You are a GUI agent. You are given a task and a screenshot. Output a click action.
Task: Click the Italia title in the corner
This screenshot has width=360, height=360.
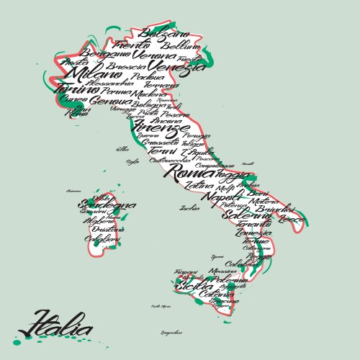(54, 324)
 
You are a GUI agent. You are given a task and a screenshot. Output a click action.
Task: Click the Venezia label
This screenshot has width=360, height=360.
(176, 68)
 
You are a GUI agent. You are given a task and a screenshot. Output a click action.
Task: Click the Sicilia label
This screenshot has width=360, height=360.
(194, 287)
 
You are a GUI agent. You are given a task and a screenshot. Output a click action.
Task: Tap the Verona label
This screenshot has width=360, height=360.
(154, 55)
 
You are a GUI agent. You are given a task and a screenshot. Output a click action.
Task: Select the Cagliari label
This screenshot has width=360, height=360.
(101, 238)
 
